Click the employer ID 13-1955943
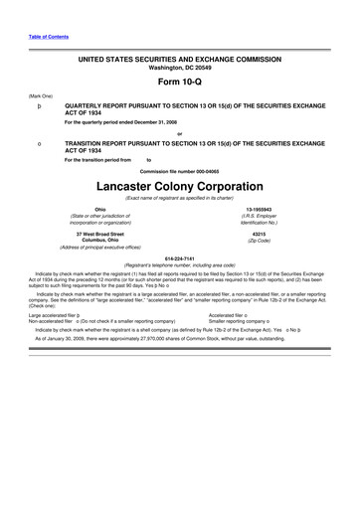click(262, 209)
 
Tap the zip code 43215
click(262, 234)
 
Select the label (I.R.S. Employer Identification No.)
click(262, 220)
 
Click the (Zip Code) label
click(262, 242)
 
